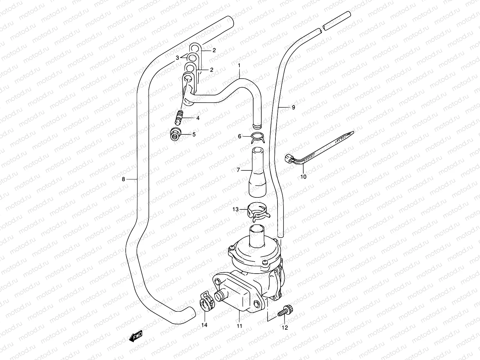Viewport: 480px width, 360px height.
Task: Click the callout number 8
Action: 123,179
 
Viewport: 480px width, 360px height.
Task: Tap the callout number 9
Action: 293,107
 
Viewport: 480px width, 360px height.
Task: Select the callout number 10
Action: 303,177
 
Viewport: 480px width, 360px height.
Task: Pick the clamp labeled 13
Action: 258,209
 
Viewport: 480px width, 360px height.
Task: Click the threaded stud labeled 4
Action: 179,118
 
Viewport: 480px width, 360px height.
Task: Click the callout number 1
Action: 239,65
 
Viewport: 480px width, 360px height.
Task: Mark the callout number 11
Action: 239,326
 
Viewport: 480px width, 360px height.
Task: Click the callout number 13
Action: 235,209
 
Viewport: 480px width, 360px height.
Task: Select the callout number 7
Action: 238,170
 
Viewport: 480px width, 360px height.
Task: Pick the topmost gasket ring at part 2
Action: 195,48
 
